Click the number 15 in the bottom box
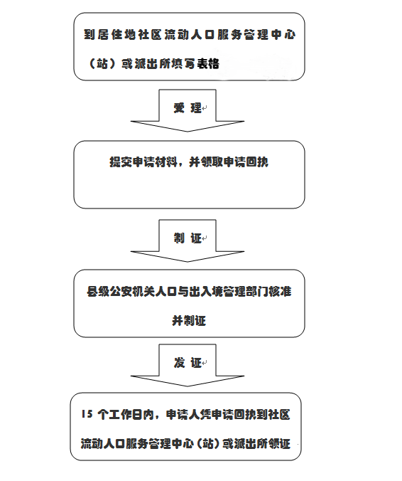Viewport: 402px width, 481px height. (87, 414)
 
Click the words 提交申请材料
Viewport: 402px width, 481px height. (143, 162)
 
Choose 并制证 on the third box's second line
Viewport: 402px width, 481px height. (189, 321)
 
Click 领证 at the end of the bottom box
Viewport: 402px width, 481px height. (279, 444)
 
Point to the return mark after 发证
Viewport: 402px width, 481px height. (205, 363)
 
